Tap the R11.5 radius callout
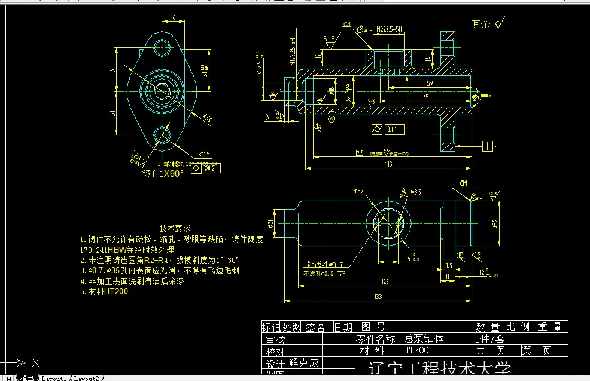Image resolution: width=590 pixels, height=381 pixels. point(205,153)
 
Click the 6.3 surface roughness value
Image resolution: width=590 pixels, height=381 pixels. point(329,39)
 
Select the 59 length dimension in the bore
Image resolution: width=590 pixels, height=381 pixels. point(430,83)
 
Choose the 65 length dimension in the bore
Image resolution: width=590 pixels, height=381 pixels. point(425,96)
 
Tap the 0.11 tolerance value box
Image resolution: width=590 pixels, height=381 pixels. point(392,129)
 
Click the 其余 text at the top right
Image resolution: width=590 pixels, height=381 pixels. point(480,25)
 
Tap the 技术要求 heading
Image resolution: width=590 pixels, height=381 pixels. point(175,228)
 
